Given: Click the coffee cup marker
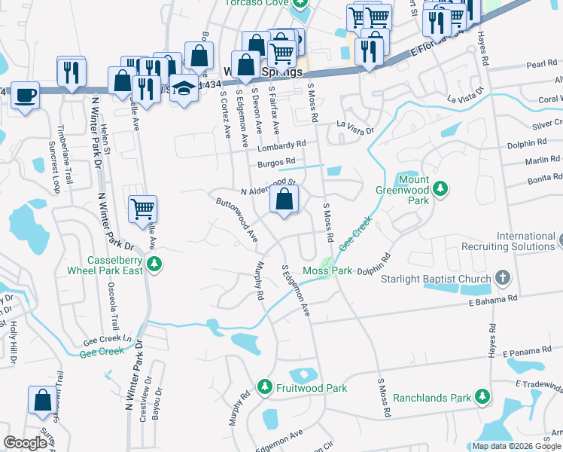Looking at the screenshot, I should coord(25,96).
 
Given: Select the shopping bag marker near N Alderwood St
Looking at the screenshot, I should coord(284,200).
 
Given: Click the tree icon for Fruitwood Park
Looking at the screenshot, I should coord(264,387).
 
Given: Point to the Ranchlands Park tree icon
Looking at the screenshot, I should coord(482,397).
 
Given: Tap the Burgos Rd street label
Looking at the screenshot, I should coord(278,161).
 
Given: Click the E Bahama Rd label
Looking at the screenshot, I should coord(492,299).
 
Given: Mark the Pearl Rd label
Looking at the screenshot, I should coord(541,65).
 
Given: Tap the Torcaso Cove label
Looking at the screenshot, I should coord(257,3).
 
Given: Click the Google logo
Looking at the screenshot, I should coord(25,443).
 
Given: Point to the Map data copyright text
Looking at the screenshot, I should coord(516,446).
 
